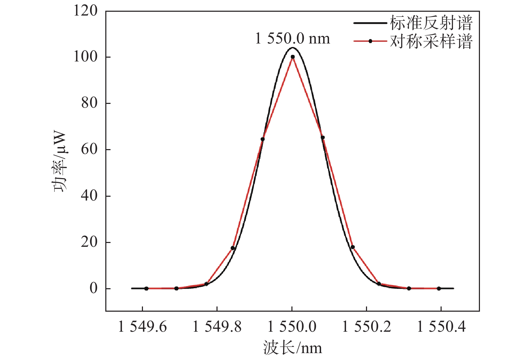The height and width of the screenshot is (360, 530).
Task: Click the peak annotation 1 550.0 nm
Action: click(x=292, y=38)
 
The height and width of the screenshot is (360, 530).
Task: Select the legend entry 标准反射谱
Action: click(x=431, y=23)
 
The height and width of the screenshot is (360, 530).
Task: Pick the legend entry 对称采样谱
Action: click(x=431, y=41)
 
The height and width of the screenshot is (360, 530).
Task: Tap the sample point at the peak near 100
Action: click(x=293, y=57)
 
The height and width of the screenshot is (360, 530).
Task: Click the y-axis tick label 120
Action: click(x=85, y=11)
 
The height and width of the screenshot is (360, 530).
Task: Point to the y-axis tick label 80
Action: click(x=89, y=103)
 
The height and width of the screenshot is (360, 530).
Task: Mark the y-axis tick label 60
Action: click(x=89, y=149)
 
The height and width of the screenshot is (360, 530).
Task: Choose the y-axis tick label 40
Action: click(x=89, y=196)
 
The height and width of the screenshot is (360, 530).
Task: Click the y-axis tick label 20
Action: click(x=89, y=242)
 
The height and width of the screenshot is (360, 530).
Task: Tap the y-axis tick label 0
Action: click(x=94, y=288)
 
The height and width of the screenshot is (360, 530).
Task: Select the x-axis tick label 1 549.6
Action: click(x=142, y=327)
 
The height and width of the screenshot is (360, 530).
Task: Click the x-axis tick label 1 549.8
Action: click(x=217, y=327)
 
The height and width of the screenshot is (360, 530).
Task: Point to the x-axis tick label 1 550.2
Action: click(x=366, y=327)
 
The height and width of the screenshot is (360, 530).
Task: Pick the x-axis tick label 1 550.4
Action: click(x=441, y=327)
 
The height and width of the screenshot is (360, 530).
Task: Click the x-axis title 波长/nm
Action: click(x=292, y=348)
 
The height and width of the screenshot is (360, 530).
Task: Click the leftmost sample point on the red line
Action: click(x=146, y=288)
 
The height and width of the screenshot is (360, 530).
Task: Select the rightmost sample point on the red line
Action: click(x=439, y=288)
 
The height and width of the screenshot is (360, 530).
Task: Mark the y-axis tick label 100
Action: click(x=85, y=57)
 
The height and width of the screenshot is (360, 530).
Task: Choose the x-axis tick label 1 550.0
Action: click(x=292, y=327)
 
